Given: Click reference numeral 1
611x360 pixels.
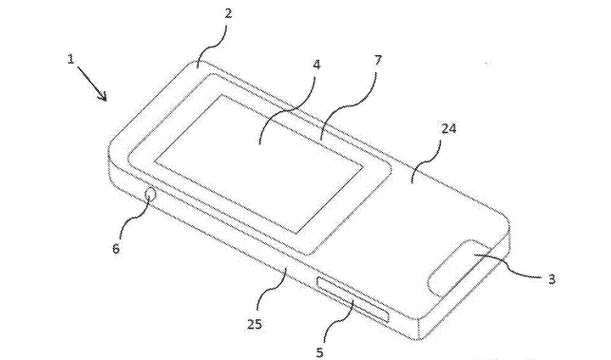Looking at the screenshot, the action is (72, 59).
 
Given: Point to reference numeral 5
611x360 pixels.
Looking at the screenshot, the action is (319, 351).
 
